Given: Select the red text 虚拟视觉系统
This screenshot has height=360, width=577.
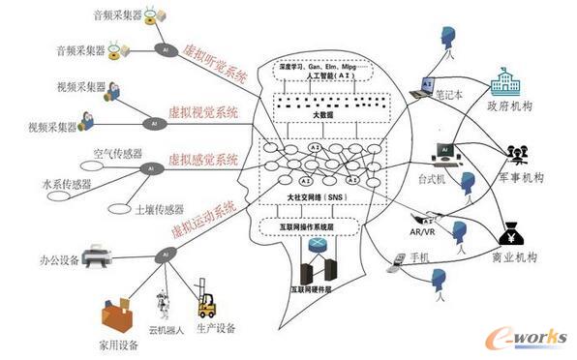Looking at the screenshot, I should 206,112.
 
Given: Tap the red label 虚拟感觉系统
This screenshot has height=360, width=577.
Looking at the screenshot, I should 203,158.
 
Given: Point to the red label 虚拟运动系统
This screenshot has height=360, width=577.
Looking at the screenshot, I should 203,216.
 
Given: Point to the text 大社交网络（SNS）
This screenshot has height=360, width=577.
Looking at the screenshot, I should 318,197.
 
